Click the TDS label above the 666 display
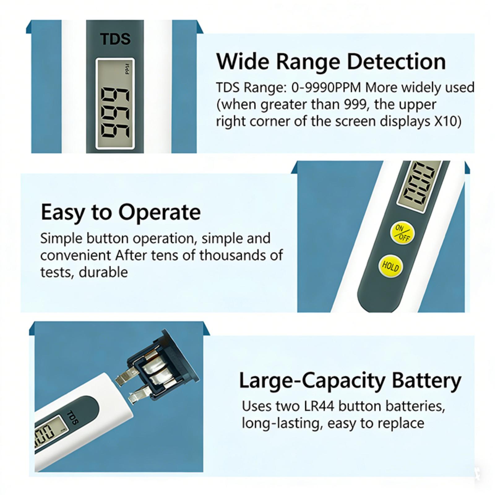(x=115, y=39)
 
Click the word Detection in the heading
(x=397, y=61)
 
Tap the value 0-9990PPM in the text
(x=326, y=88)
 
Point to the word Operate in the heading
(x=159, y=213)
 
